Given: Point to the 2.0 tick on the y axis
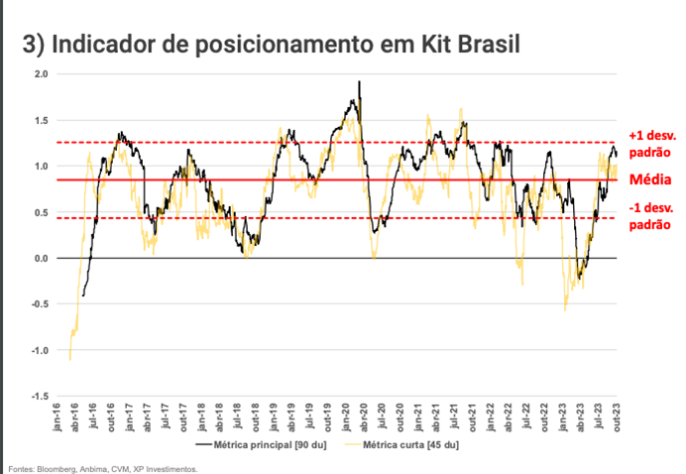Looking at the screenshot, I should (41, 74).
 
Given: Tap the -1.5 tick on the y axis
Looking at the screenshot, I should (39, 396).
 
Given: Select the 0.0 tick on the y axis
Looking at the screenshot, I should (41, 258).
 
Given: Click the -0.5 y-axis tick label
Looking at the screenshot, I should (39, 304).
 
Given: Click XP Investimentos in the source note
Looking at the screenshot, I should (169, 469).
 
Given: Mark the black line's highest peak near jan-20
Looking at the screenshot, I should (359, 81).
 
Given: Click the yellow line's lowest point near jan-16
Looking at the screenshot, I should (69, 359).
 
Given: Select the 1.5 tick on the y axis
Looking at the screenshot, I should (41, 120).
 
